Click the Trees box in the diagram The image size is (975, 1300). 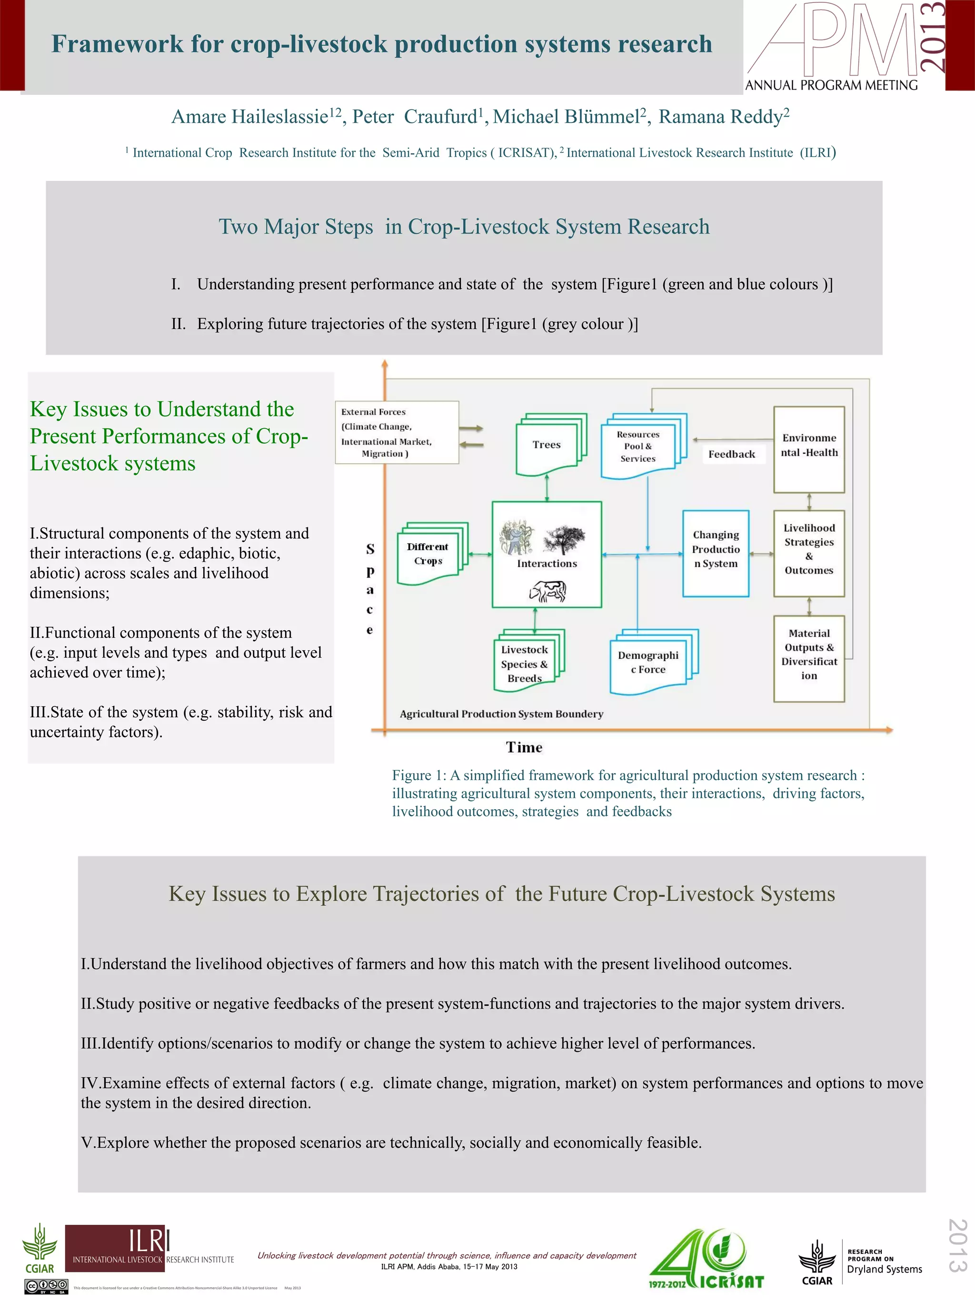547,445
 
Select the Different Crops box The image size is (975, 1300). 428,554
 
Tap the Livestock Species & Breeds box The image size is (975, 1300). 525,664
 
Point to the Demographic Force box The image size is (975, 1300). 648,662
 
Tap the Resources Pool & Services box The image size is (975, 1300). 639,447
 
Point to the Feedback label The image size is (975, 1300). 732,454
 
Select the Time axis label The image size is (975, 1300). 524,747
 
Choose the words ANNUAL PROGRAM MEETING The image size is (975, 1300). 832,85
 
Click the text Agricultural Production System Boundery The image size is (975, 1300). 501,714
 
